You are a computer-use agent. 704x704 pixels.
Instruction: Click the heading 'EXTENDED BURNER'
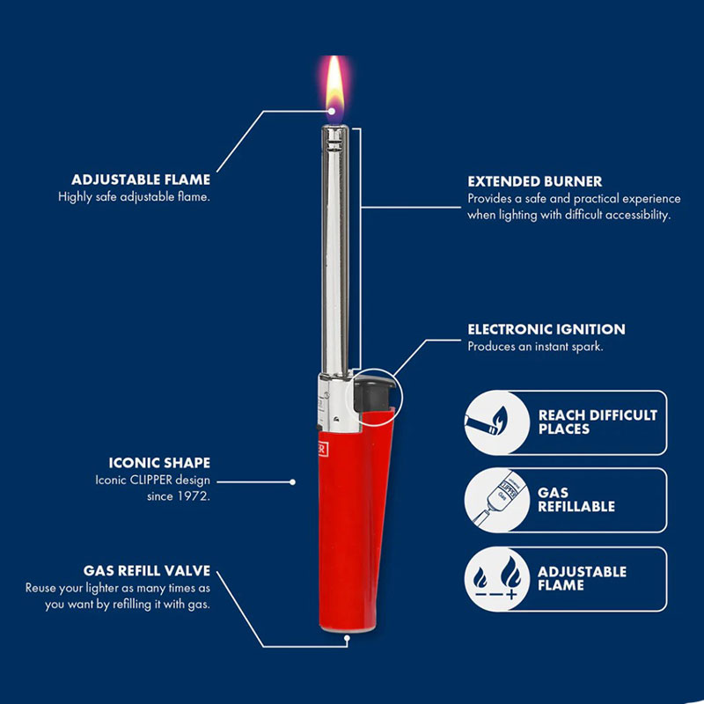click(534, 181)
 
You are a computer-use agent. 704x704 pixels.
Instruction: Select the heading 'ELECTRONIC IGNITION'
click(546, 329)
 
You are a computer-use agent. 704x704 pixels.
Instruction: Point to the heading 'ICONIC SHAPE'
click(159, 463)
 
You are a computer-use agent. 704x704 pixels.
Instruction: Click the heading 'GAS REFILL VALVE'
click(147, 570)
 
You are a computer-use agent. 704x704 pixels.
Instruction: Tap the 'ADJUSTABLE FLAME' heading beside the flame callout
click(141, 180)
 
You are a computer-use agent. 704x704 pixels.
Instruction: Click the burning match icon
click(487, 422)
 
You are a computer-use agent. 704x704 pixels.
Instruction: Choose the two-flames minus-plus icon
click(497, 578)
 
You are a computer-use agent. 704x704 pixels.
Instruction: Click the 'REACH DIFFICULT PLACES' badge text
click(598, 422)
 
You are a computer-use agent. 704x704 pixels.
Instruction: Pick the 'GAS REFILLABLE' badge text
click(576, 499)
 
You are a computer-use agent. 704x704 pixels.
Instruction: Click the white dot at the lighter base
click(347, 638)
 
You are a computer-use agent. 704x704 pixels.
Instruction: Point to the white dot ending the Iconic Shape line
click(293, 481)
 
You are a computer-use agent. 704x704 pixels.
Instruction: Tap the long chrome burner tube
click(335, 252)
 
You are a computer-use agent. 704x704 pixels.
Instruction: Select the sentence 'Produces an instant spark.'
click(535, 346)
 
